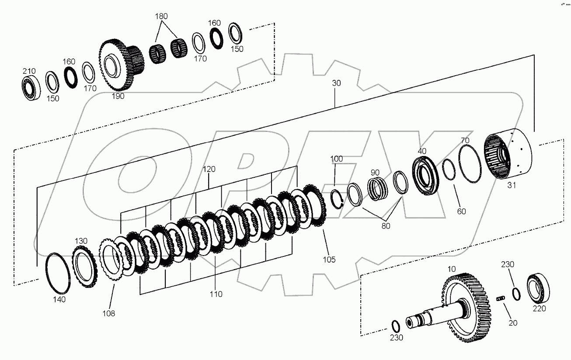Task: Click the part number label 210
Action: tap(29, 71)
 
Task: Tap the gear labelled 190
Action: tap(115, 66)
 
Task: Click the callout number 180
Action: tap(161, 17)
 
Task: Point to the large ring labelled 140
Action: tap(57, 273)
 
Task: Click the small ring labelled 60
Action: tap(449, 170)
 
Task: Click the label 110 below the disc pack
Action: tap(216, 294)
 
